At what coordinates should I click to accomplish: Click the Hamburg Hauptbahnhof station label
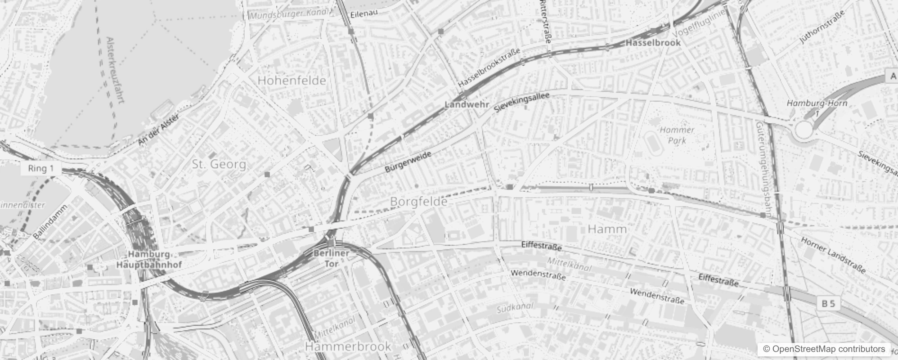click(149, 260)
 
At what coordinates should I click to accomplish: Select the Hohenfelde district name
click(292, 81)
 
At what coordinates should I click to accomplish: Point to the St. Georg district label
click(219, 164)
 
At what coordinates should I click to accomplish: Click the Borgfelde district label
click(418, 202)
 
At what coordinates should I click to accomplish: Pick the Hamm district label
click(607, 229)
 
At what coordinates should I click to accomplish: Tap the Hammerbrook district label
click(348, 346)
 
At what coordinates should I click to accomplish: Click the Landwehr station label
click(467, 104)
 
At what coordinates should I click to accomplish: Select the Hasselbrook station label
click(653, 43)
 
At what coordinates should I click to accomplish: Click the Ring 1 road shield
click(40, 169)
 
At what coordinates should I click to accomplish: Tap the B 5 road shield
click(828, 304)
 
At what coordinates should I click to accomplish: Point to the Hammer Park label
click(677, 135)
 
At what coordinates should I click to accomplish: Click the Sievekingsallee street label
click(521, 103)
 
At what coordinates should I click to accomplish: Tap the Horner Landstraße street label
click(833, 255)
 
